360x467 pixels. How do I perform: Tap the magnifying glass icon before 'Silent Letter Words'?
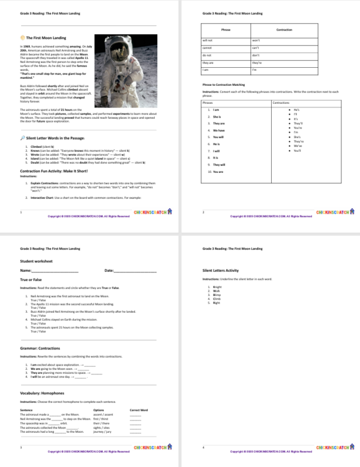pyautogui.click(x=22, y=137)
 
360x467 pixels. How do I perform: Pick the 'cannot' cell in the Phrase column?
pyautogui.click(x=208, y=47)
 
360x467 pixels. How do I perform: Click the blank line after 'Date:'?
pyautogui.click(x=134, y=273)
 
